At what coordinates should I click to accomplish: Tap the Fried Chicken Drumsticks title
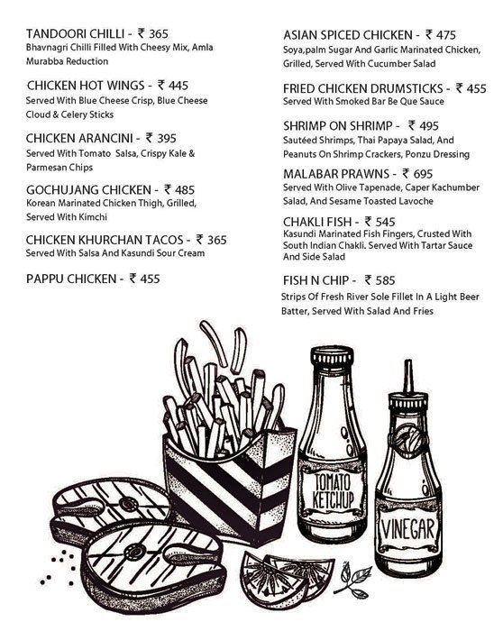[364, 89]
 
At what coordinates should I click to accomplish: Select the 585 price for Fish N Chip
[385, 280]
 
